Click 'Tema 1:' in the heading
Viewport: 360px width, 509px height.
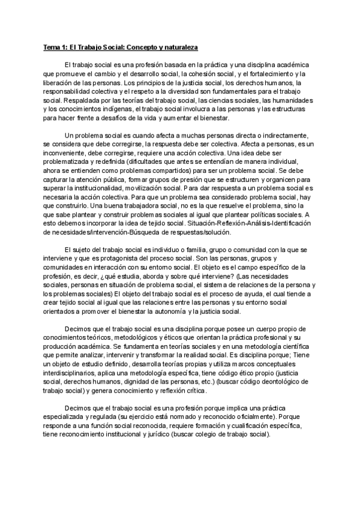point(56,46)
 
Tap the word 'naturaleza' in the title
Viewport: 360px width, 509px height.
point(179,46)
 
